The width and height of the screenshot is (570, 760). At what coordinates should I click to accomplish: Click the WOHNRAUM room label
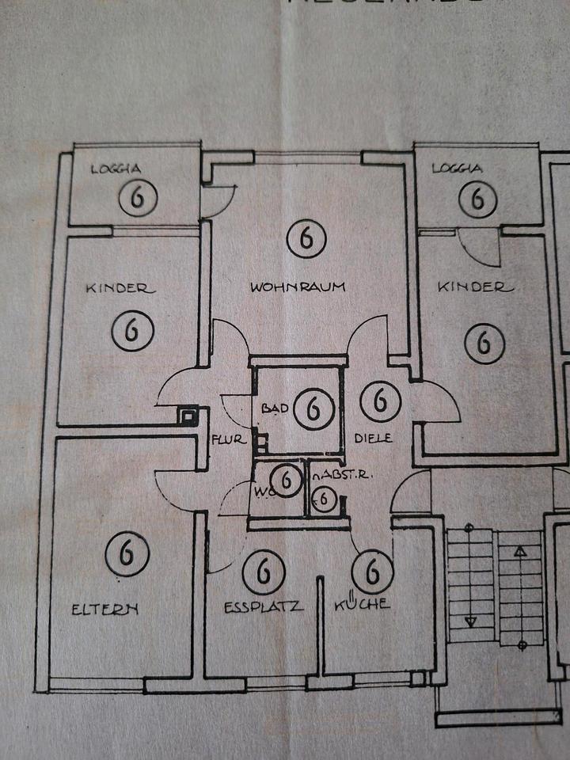click(298, 287)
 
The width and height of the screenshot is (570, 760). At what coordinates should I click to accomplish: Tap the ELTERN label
click(104, 609)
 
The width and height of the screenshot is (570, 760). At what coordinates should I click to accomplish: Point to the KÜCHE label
click(362, 604)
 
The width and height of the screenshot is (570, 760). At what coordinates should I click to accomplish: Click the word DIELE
click(374, 438)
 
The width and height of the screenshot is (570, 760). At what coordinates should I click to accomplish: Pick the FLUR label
click(229, 439)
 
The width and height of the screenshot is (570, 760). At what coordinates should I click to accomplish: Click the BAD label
click(273, 408)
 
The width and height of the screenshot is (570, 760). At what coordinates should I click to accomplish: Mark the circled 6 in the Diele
click(380, 401)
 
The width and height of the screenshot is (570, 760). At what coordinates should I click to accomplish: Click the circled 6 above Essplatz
click(264, 572)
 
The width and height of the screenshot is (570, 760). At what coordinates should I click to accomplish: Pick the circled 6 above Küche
click(372, 571)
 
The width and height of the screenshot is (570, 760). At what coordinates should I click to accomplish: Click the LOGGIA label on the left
click(116, 168)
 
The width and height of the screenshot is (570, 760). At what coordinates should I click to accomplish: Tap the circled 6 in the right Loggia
click(478, 197)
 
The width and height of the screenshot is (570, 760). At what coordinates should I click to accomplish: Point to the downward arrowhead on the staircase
click(470, 621)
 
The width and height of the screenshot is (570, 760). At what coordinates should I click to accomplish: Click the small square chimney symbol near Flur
click(188, 416)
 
